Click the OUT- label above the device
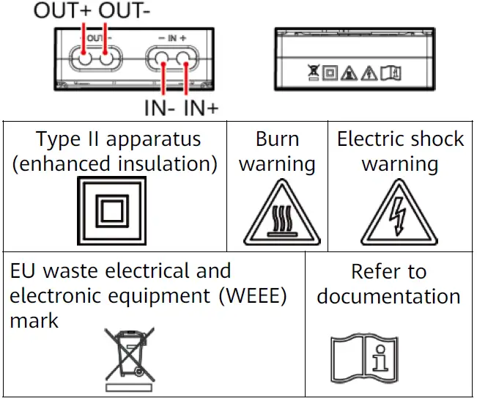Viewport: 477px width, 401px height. pos(124,11)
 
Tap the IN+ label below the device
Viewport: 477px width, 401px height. pos(201,109)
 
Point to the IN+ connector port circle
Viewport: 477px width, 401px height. pos(188,60)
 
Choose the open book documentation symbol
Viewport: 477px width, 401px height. pos(366,359)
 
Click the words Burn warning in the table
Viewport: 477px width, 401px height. pos(277,151)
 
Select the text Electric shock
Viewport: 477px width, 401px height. pos(400,139)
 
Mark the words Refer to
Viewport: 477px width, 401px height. pos(388,272)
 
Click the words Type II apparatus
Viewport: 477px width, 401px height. pos(118,139)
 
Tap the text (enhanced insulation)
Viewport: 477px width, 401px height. pos(115,163)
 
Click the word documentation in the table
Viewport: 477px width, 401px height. pos(388,297)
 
